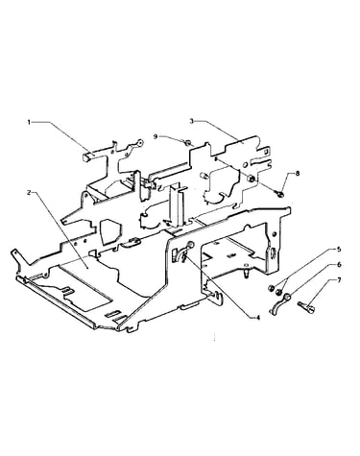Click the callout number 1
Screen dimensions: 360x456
tap(29, 122)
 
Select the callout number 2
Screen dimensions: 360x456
tap(29, 193)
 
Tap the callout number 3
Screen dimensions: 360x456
tap(191, 121)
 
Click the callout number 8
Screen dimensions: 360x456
tap(298, 174)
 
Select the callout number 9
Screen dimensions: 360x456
tap(156, 136)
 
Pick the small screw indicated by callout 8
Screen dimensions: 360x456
tap(279, 193)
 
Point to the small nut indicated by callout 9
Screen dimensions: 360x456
tap(188, 141)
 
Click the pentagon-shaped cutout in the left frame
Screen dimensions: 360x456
tap(108, 231)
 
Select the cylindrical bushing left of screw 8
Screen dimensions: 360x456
tap(252, 179)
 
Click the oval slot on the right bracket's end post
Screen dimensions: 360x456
tap(273, 252)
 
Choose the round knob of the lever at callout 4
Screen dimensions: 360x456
tap(191, 245)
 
